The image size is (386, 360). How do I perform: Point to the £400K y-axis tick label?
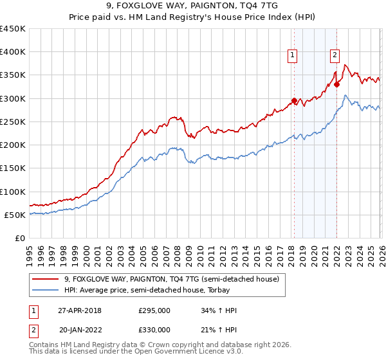tap(13, 52)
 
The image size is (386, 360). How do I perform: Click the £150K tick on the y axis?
tap(13, 168)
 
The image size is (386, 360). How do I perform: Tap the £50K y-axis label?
tap(15, 215)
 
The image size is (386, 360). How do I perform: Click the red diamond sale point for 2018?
tap(294, 101)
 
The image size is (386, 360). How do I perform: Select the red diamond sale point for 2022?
tap(336, 84)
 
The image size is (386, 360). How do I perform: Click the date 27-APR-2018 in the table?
tap(80, 310)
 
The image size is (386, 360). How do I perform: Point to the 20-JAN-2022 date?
tap(80, 330)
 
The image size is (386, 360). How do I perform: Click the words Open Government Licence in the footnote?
tap(199, 352)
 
